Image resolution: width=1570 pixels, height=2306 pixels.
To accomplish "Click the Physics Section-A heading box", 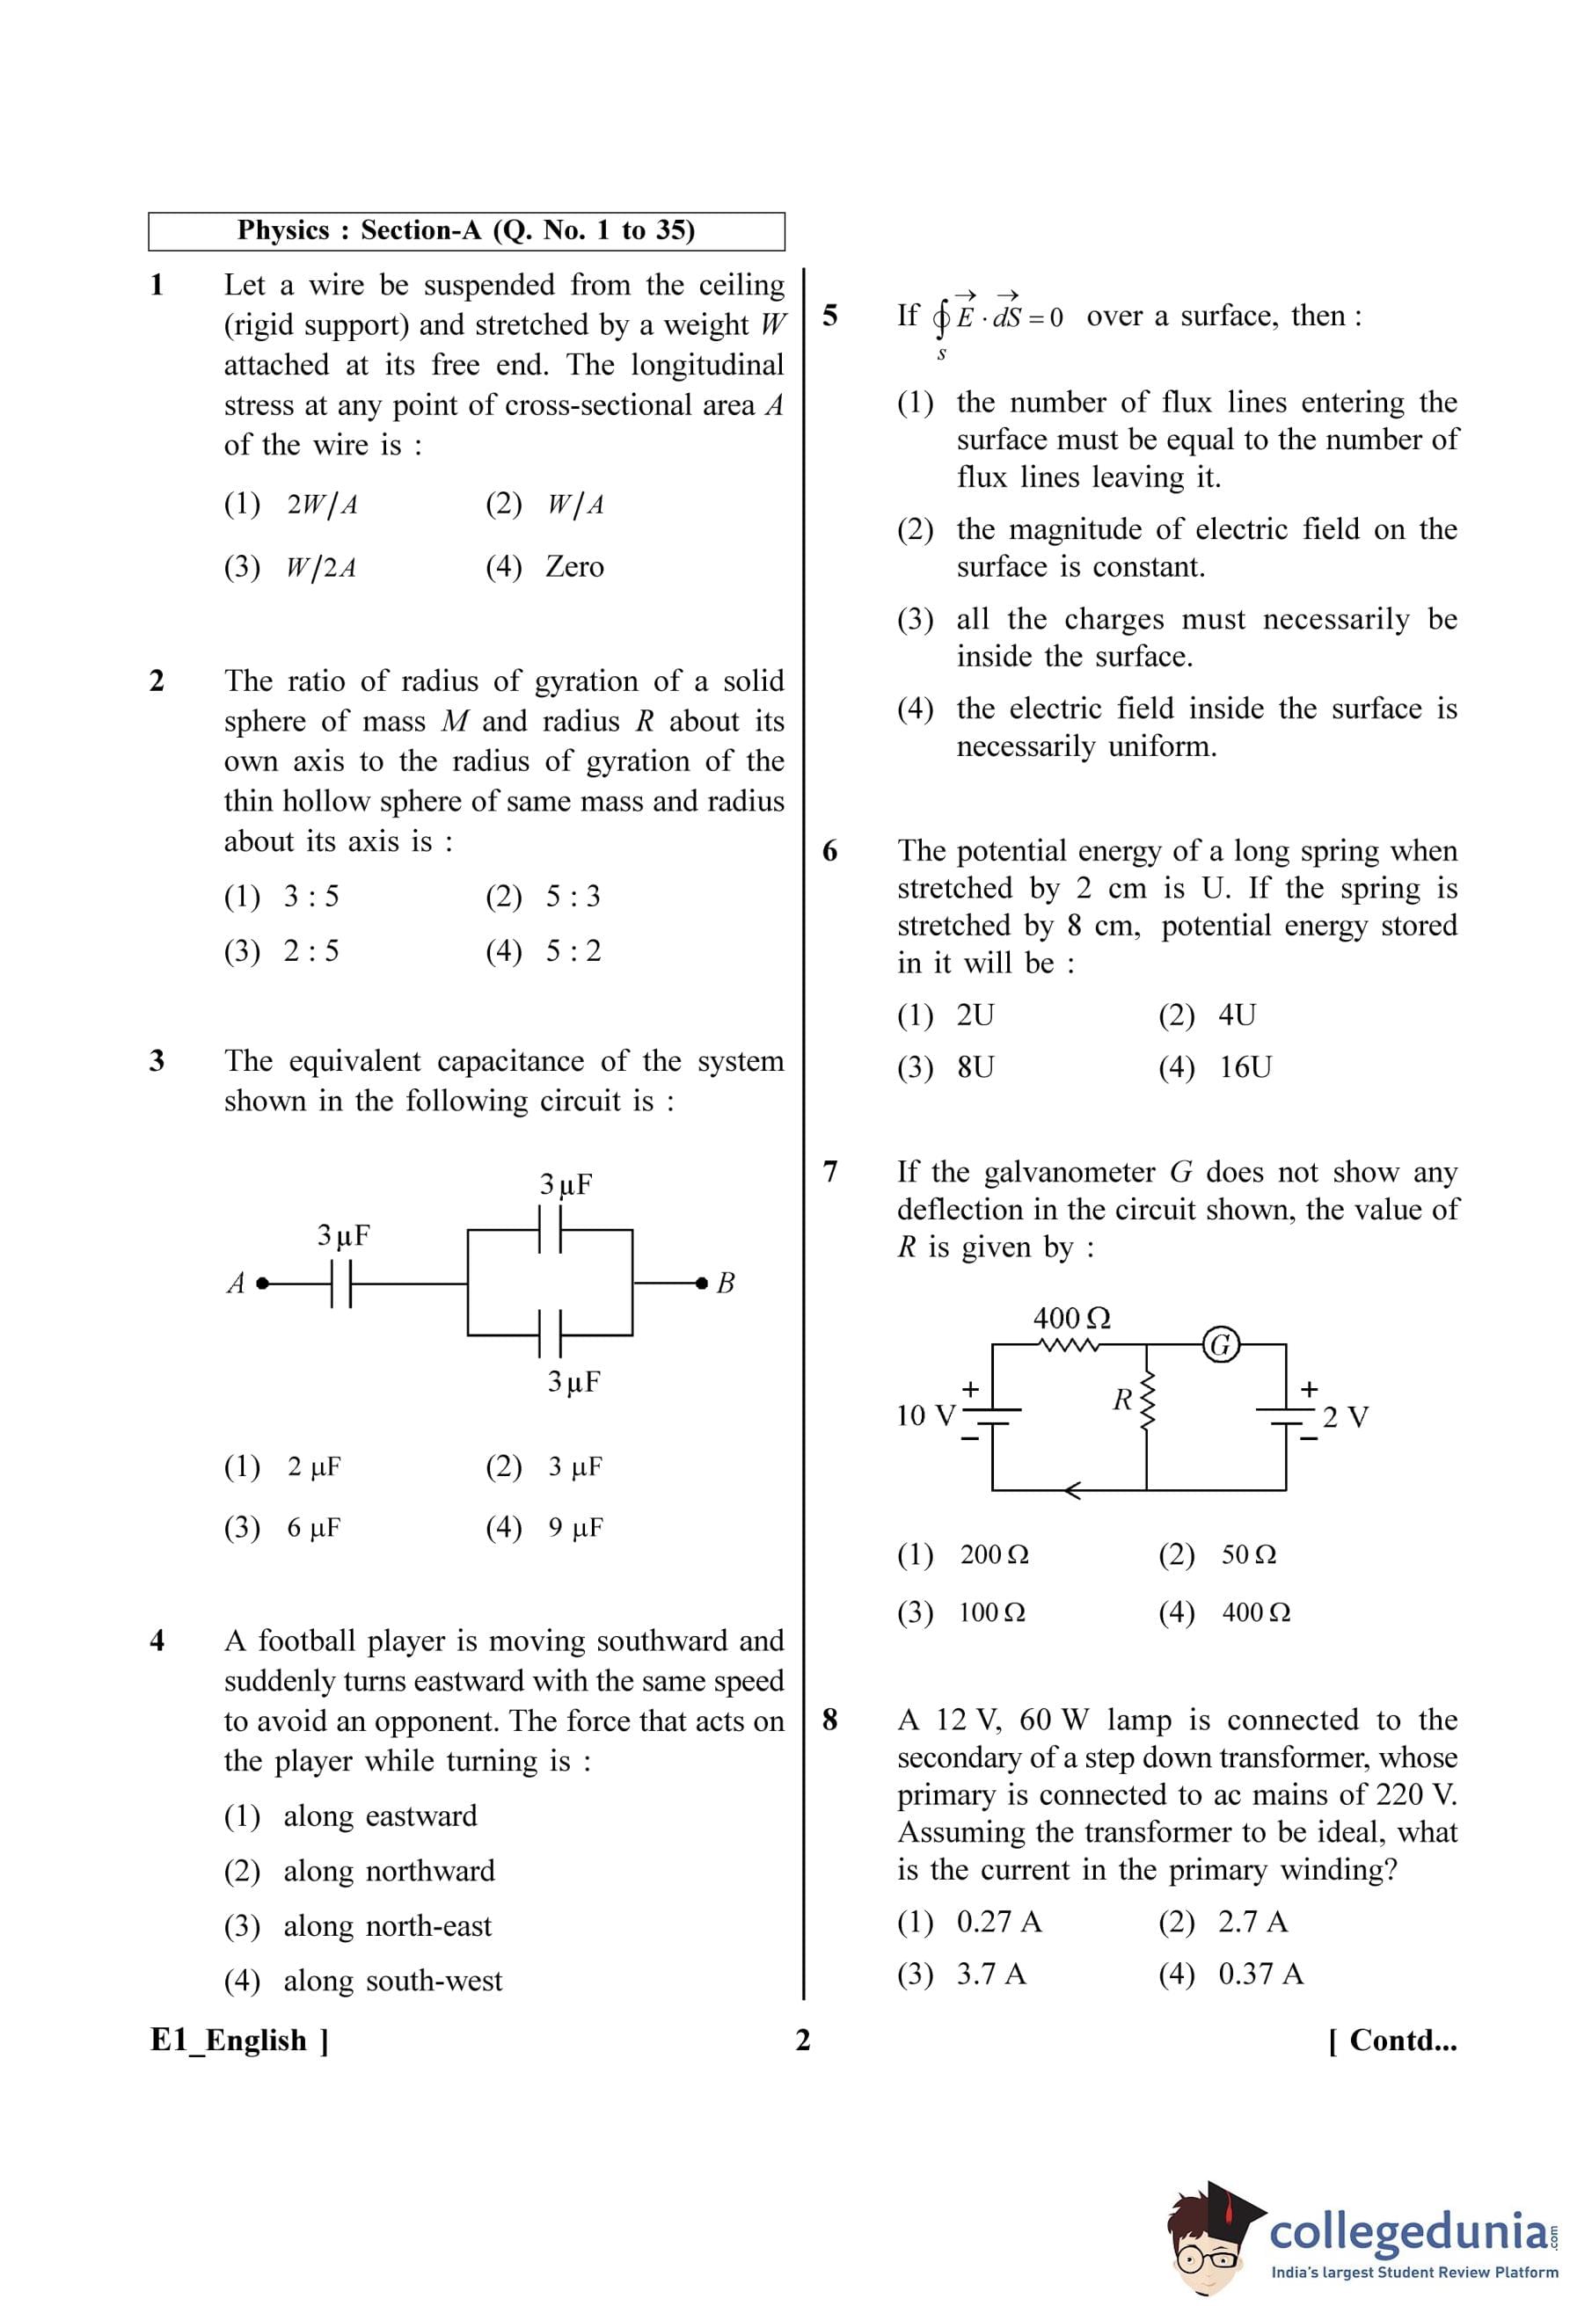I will point(465,231).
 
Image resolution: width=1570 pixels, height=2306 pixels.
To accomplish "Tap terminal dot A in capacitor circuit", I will point(262,1283).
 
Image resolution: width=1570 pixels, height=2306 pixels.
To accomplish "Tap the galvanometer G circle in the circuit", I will point(1221,1344).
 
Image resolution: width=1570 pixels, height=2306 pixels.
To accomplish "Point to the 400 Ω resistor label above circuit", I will point(1072,1319).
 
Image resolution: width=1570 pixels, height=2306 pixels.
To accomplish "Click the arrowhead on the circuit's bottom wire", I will point(1072,1489).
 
